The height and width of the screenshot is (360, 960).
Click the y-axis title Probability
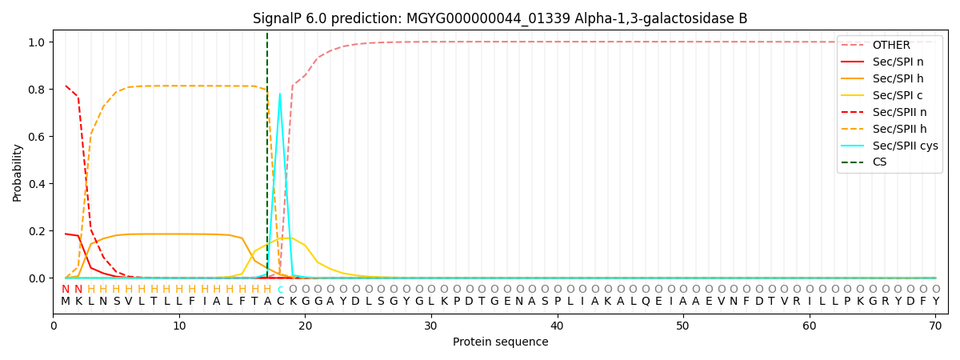click(x=18, y=172)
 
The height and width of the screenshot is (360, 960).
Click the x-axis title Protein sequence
click(x=500, y=342)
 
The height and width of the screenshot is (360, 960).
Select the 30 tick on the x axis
click(x=431, y=326)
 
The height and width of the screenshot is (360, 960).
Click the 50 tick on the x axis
click(x=682, y=326)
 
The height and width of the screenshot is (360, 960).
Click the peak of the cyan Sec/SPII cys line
click(x=279, y=94)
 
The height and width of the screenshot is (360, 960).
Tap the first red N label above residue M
click(x=66, y=290)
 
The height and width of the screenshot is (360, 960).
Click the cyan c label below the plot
click(x=280, y=290)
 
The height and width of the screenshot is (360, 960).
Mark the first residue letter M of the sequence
click(x=66, y=302)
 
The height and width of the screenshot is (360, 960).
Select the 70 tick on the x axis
click(x=935, y=326)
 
